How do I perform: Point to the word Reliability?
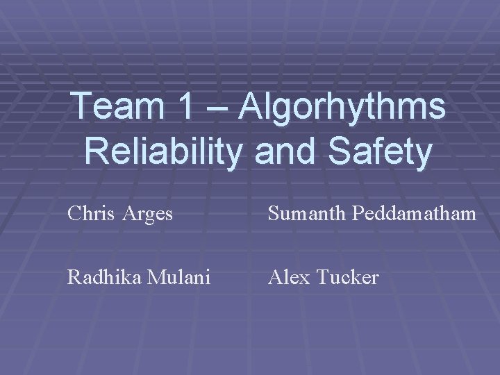click(162, 151)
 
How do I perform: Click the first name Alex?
click(290, 278)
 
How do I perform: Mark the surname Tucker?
click(348, 278)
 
